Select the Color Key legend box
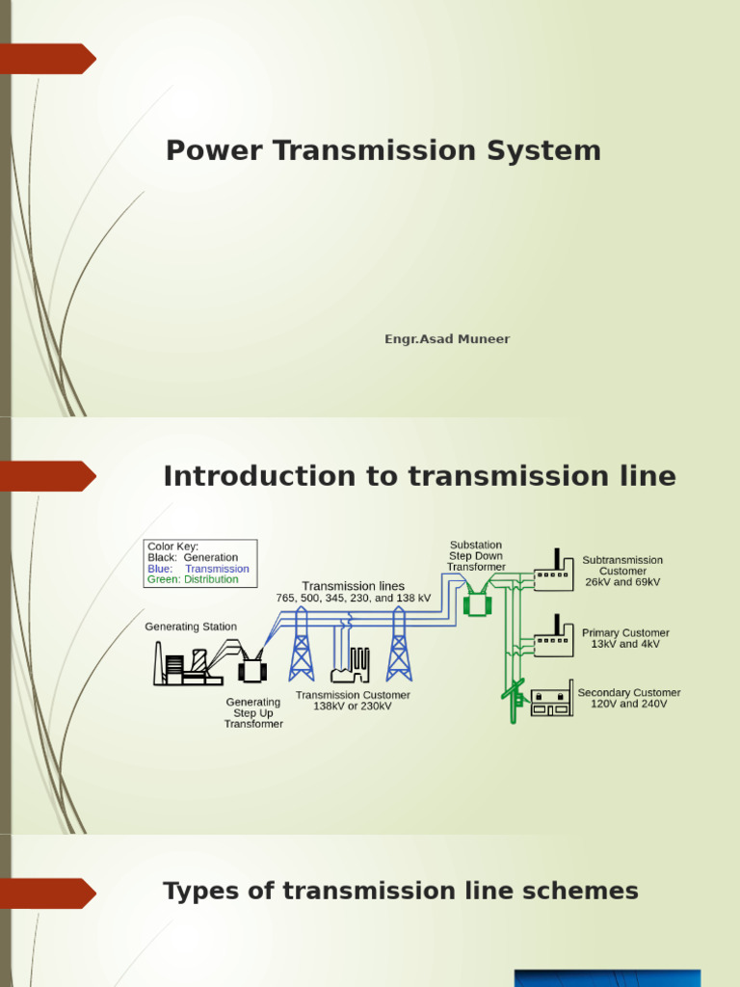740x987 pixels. pos(200,563)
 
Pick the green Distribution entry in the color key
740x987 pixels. pos(192,580)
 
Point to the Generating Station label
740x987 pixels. pos(191,627)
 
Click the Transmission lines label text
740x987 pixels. pos(354,586)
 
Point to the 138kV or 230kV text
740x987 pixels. pos(353,707)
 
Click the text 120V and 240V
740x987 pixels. pos(628,705)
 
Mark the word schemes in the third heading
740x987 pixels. pos(584,892)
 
